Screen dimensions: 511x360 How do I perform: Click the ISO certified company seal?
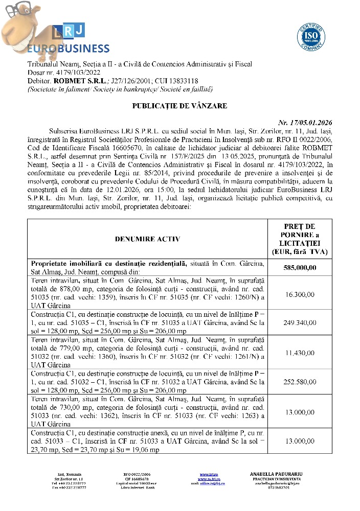point(311,36)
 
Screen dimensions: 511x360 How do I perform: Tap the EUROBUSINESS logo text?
point(68,49)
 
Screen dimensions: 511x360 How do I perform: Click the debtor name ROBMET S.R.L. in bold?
point(79,81)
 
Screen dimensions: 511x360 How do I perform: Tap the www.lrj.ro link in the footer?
point(207,474)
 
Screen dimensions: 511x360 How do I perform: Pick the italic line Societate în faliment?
point(57,89)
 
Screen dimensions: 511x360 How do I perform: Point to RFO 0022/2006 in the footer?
point(136,474)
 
